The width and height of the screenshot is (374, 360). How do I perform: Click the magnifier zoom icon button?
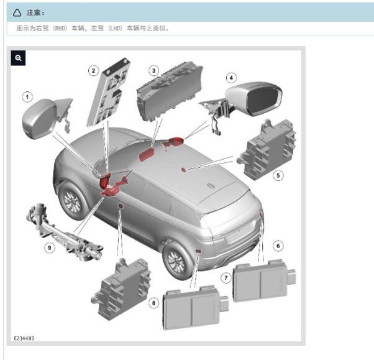(x=18, y=58)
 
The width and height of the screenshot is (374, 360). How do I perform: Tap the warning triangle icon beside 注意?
(x=17, y=12)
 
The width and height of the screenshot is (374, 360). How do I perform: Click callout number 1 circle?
(x=27, y=97)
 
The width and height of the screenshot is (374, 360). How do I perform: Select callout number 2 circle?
(x=93, y=71)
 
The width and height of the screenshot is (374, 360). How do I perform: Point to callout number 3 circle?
(x=154, y=71)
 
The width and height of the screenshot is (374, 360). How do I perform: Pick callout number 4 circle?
(x=231, y=78)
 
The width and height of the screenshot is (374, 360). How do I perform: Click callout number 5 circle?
(x=278, y=176)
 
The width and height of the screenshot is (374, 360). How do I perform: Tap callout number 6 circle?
(x=278, y=246)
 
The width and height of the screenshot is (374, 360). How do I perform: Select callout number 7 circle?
(x=226, y=278)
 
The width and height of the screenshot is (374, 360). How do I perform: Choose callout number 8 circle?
(x=153, y=303)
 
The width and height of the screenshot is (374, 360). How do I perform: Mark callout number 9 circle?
(x=49, y=247)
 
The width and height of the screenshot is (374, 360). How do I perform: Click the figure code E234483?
(x=24, y=338)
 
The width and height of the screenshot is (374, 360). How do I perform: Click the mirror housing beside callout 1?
(x=39, y=119)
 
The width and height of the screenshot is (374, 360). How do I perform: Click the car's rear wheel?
(x=177, y=261)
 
